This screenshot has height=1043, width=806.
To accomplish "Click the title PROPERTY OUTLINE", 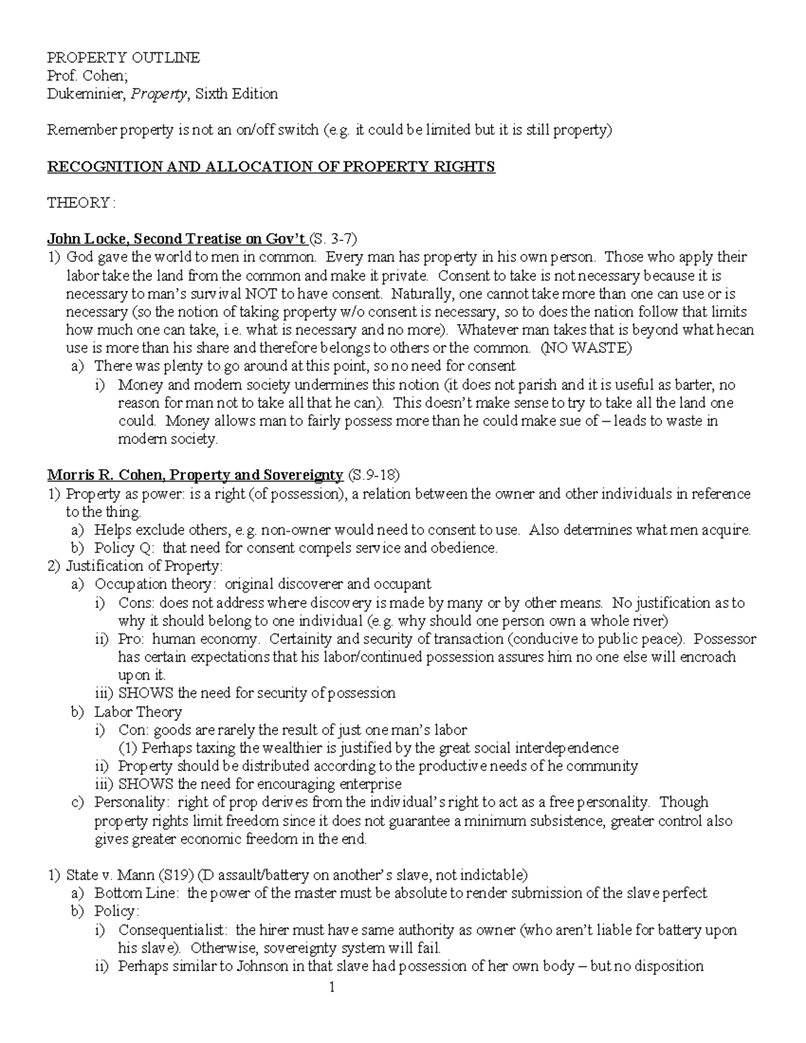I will tap(123, 58).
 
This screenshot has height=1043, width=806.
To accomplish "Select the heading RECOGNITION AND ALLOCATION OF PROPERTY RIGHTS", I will tap(271, 167).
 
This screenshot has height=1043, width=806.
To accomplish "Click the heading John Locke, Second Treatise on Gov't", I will tap(177, 239).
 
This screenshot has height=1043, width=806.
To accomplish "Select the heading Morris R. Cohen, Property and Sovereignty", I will tap(195, 475).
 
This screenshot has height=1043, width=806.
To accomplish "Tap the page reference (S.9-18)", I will tap(373, 475).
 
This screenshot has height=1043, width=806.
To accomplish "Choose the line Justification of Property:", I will tap(144, 566).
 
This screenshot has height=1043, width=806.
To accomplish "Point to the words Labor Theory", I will tap(138, 712).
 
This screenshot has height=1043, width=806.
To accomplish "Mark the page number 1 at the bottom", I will tap(331, 987).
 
